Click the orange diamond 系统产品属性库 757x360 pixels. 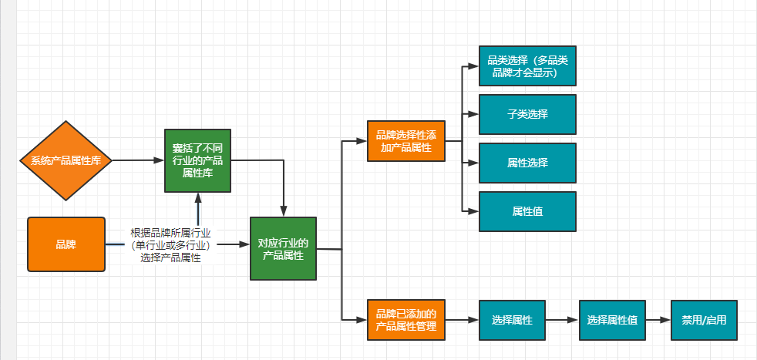(66, 160)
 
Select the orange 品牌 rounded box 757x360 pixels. (66, 244)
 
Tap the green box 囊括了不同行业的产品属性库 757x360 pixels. (197, 160)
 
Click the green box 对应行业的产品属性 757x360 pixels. (283, 248)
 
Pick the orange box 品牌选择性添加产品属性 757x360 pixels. (406, 140)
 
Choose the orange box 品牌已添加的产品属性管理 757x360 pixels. (406, 320)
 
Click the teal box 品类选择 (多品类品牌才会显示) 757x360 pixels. (527, 66)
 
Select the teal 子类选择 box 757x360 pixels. (527, 114)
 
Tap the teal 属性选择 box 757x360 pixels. (527, 163)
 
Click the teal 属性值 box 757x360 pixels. (527, 210)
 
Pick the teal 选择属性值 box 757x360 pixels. (612, 320)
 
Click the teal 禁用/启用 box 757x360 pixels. (704, 320)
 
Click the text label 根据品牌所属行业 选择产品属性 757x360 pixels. (171, 245)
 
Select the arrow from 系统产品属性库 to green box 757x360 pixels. (139, 160)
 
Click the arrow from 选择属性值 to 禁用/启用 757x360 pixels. (658, 320)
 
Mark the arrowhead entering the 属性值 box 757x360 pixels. (473, 210)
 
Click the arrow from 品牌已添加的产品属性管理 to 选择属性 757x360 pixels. (463, 320)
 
